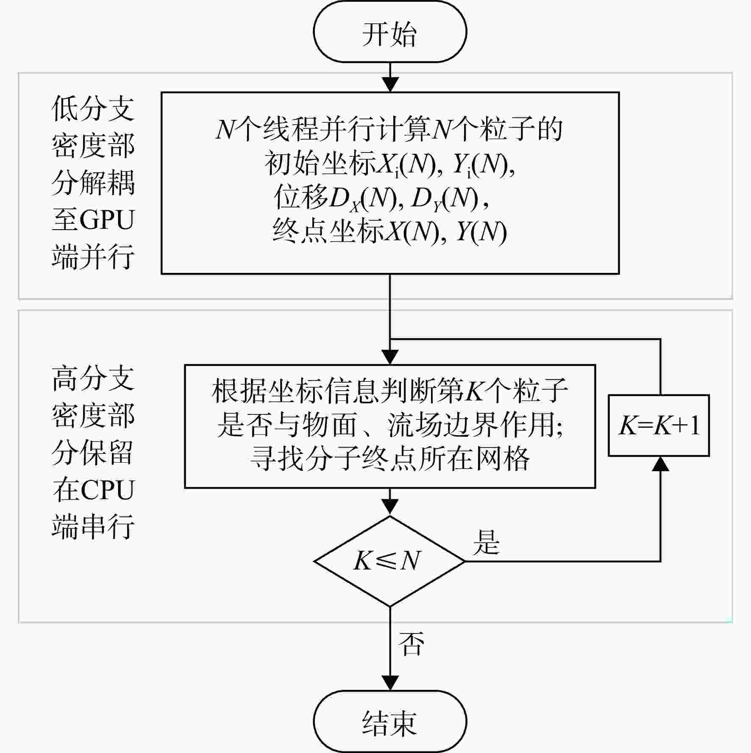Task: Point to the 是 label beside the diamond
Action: (487, 542)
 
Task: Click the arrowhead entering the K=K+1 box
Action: (660, 464)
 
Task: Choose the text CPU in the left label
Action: (108, 490)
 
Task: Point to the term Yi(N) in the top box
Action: (481, 164)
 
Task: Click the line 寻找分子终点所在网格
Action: (390, 458)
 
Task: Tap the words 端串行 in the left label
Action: (93, 527)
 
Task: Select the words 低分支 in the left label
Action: (93, 108)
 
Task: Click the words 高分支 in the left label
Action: (93, 378)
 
